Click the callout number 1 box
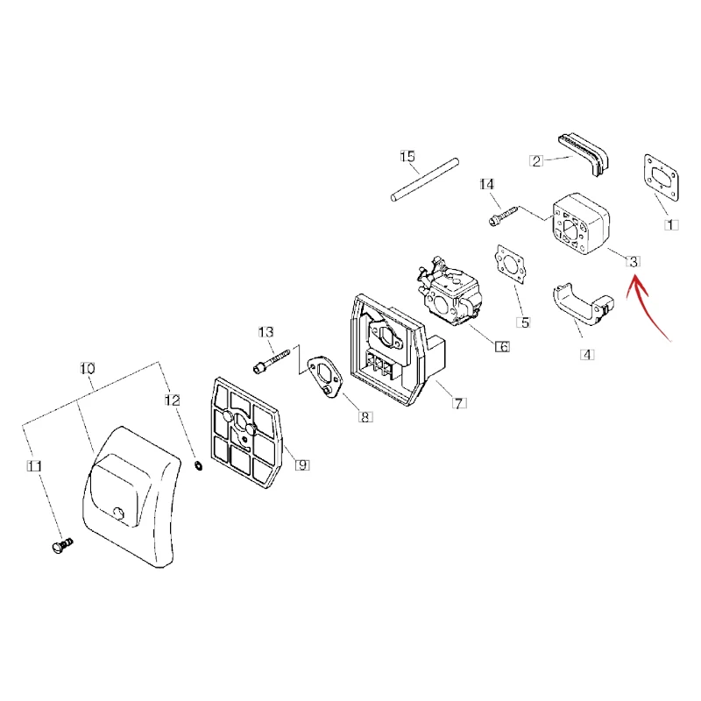point(671,225)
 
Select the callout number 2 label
point(536,161)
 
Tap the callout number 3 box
point(633,261)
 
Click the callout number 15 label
point(407,157)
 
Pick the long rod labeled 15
point(425,180)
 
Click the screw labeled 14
point(503,216)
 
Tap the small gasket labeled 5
point(510,264)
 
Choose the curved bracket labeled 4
point(581,305)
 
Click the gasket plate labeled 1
point(662,178)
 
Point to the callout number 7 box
point(459,403)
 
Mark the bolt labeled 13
point(272,361)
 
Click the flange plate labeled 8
point(325,376)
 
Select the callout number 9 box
point(302,465)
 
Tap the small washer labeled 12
point(198,465)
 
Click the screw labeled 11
point(62,546)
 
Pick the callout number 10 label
point(88,368)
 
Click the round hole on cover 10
point(119,513)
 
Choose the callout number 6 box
point(502,346)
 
